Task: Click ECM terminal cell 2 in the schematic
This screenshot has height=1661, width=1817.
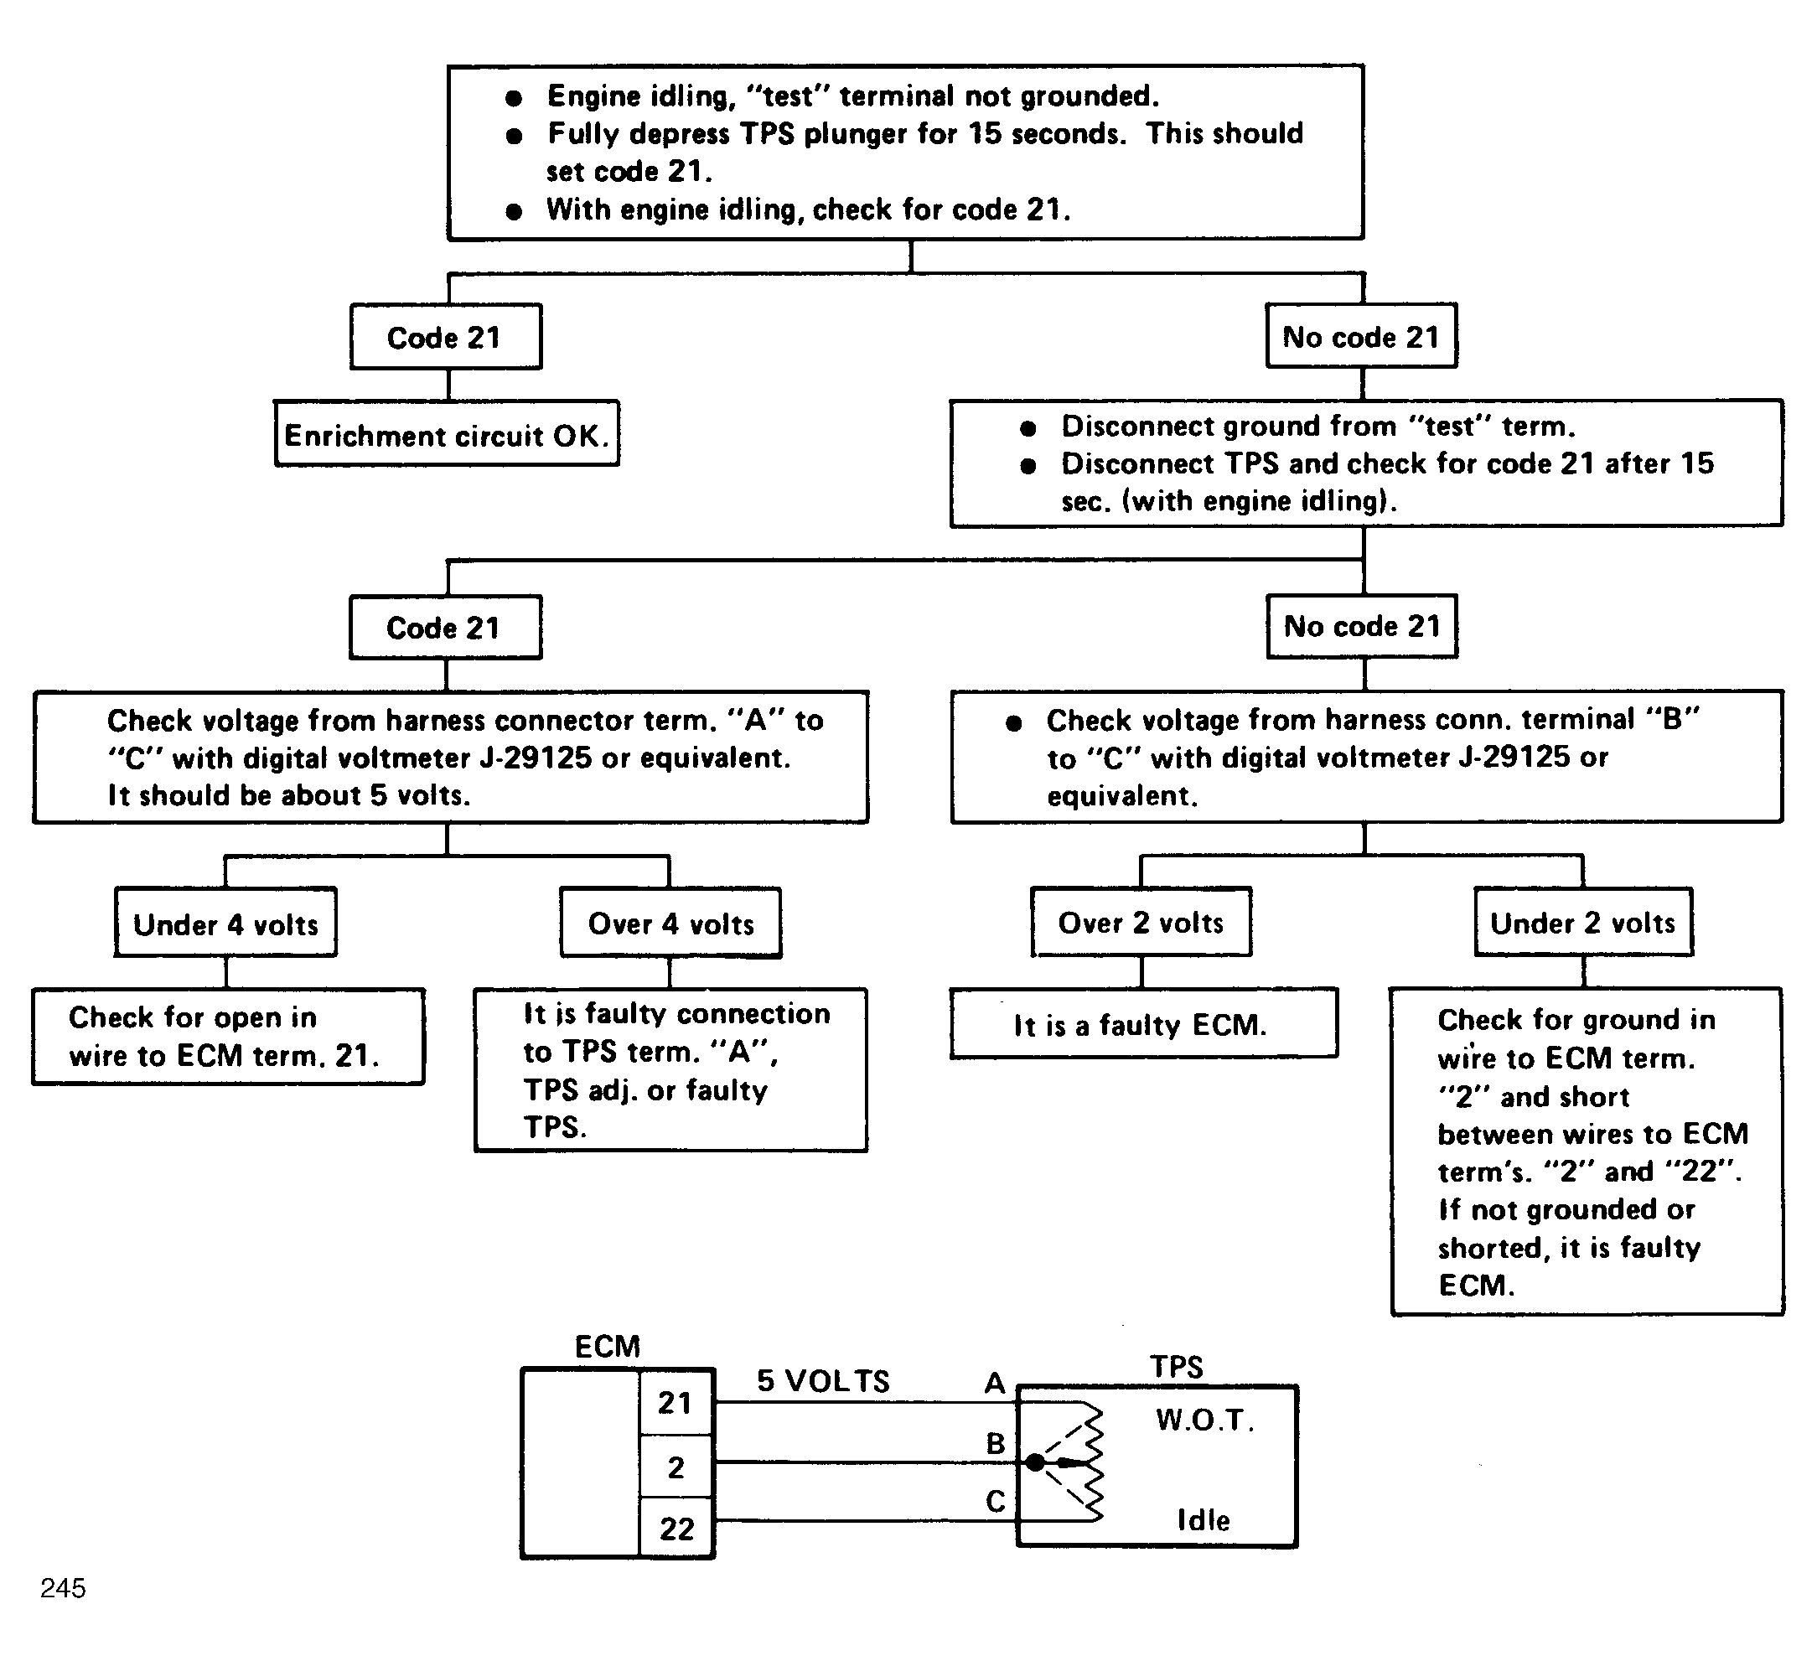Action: (x=676, y=1467)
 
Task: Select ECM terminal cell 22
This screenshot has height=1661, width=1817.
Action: (x=676, y=1529)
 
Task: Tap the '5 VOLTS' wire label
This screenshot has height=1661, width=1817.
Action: (x=823, y=1381)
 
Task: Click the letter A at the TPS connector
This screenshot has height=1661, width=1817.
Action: (x=994, y=1383)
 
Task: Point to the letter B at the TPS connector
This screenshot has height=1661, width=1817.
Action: (x=995, y=1443)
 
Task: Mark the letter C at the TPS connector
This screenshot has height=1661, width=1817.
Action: (x=995, y=1502)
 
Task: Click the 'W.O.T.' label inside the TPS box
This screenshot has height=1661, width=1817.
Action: (x=1205, y=1420)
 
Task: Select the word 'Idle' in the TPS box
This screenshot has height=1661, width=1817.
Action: (x=1204, y=1520)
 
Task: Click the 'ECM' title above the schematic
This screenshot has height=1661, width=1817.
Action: (x=608, y=1347)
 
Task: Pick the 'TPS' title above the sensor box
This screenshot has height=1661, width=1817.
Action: (x=1176, y=1367)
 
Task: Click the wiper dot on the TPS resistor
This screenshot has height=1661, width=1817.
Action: (x=1036, y=1462)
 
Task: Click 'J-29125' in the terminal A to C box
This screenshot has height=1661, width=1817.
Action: (x=536, y=758)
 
